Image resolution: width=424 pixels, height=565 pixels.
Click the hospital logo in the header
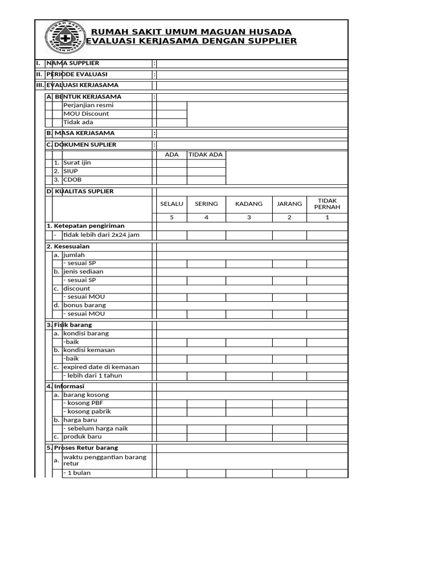coord(65,38)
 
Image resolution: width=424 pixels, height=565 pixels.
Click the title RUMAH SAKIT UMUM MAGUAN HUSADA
coord(191,31)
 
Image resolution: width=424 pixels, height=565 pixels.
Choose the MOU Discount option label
coord(86,114)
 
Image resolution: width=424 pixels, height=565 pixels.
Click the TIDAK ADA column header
coord(206,154)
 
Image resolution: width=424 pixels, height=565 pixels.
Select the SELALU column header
coord(172,204)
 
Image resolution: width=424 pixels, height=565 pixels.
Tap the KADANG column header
coord(249,204)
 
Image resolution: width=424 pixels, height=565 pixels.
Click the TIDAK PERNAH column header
coord(327,204)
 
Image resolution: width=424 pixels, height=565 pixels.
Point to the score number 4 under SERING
coord(206,217)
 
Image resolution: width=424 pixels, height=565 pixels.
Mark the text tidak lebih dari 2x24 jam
coord(101,234)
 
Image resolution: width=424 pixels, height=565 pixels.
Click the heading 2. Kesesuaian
coord(68,246)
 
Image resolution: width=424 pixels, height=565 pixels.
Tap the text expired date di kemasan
coord(101,367)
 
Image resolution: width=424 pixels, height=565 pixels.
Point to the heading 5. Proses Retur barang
coord(82,447)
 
